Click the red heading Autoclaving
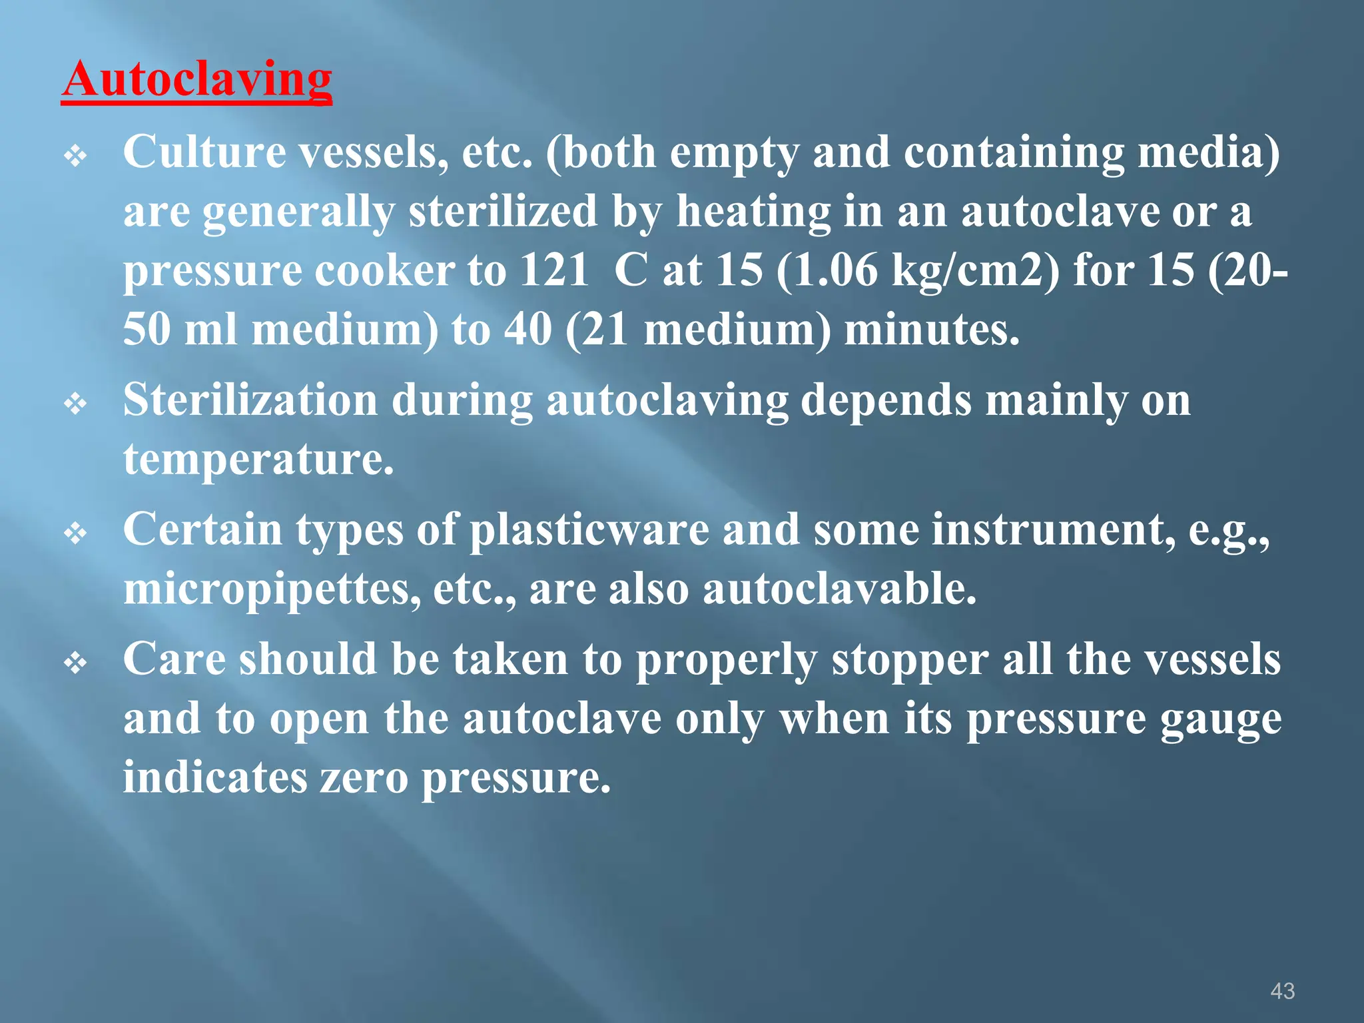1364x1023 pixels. [196, 80]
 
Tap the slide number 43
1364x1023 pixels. [1282, 991]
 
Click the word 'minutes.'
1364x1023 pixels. [932, 330]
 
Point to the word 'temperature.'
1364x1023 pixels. [258, 460]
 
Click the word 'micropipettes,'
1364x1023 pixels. [272, 590]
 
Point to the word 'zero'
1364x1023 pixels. [364, 777]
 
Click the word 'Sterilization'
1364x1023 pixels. [250, 401]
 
